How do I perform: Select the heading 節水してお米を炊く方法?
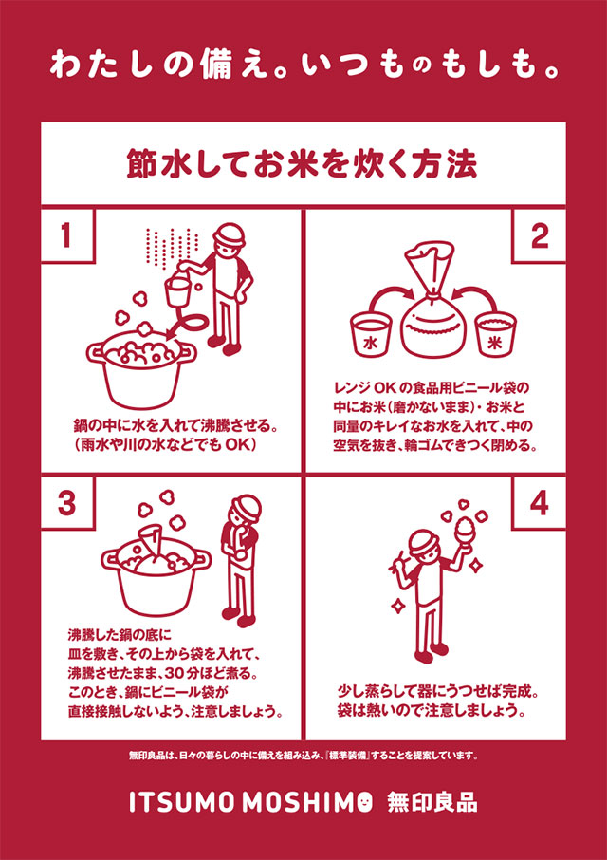pos(303,164)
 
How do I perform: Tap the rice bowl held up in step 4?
pos(465,530)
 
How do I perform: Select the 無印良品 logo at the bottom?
pos(432,803)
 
